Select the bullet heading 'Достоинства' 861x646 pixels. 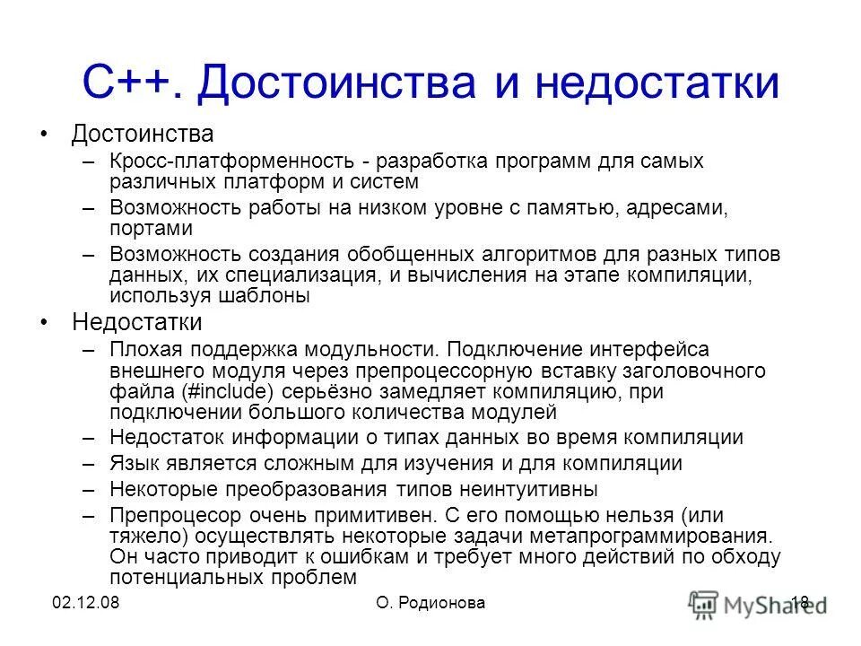[143, 135]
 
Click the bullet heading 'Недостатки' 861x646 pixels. [137, 321]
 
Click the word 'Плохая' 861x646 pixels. [147, 348]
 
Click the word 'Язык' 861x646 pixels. [134, 464]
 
